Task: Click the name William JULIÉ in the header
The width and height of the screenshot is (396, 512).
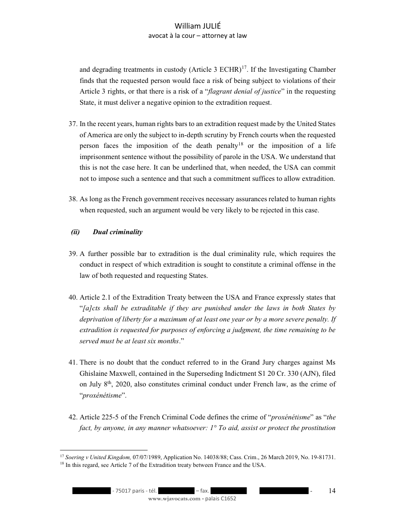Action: click(198, 27)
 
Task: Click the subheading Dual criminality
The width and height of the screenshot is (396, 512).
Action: click(117, 232)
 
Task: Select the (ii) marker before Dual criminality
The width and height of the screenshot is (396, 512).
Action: click(75, 232)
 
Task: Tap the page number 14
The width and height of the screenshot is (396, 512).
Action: click(332, 491)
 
